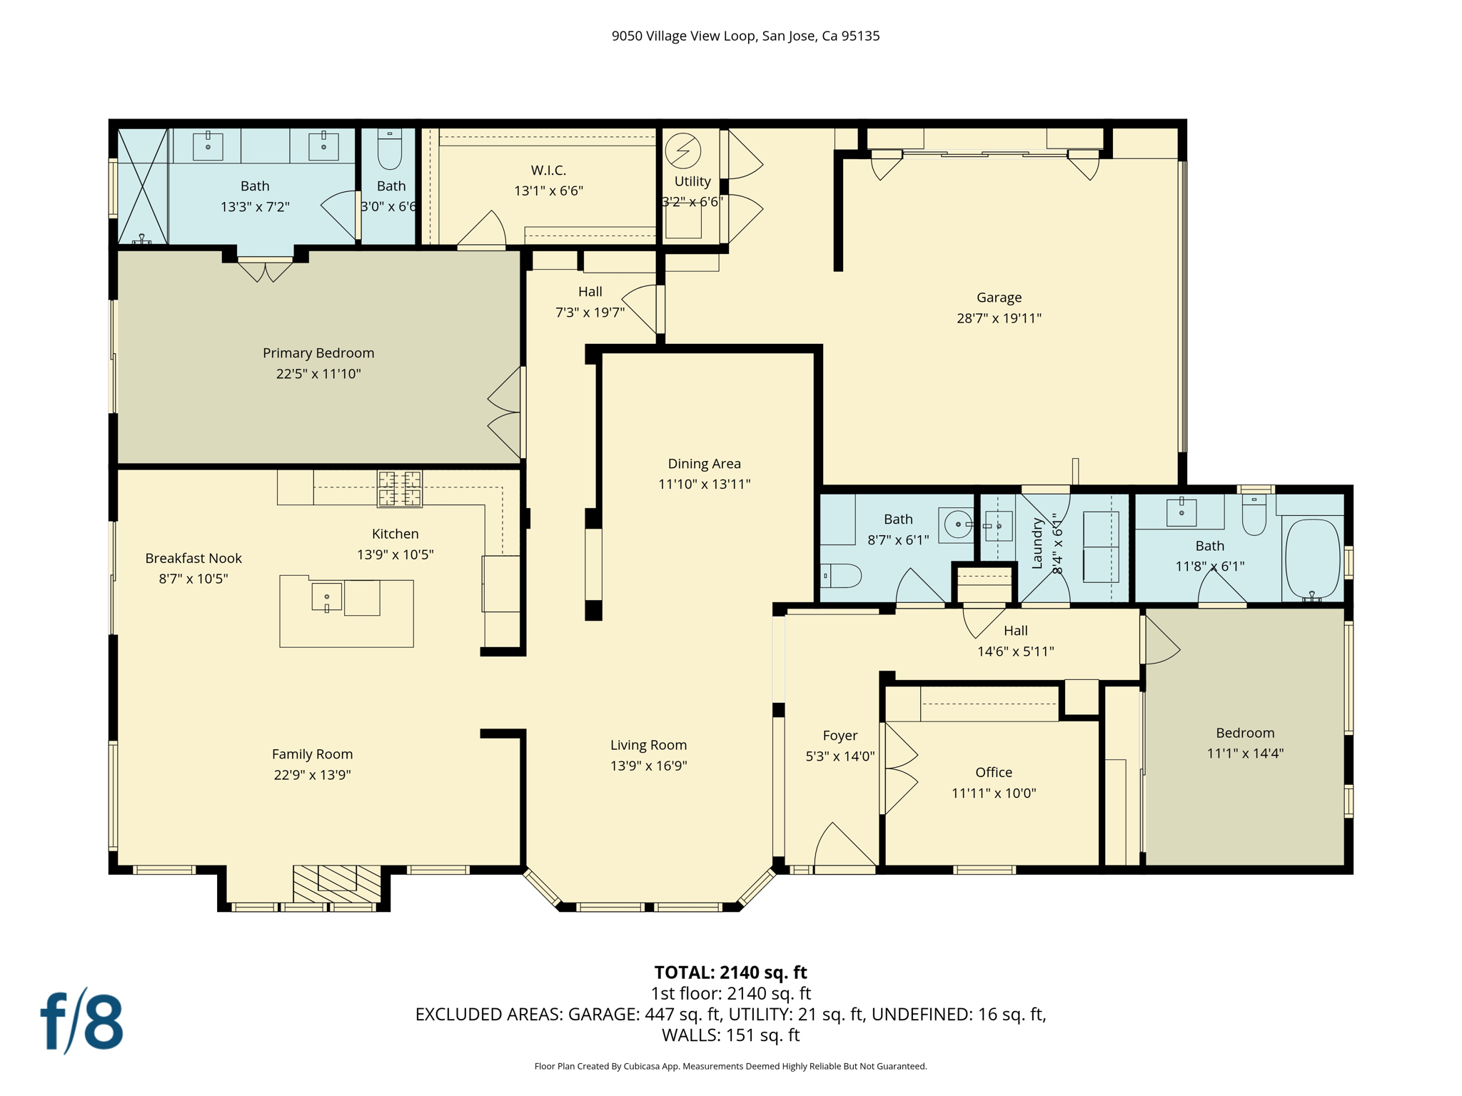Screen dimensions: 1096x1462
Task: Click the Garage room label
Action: click(x=998, y=298)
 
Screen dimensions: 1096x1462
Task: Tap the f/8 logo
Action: click(x=81, y=1021)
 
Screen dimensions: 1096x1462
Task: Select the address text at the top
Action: click(x=745, y=36)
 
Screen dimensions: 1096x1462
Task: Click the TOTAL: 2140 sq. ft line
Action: click(x=730, y=972)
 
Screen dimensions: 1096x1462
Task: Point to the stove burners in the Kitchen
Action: click(x=400, y=489)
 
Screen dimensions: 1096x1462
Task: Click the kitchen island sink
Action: click(x=327, y=597)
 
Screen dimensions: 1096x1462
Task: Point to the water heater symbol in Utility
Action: click(x=682, y=151)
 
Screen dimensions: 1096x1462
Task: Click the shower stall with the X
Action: click(x=142, y=186)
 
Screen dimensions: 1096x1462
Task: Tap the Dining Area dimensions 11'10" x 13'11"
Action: click(x=704, y=484)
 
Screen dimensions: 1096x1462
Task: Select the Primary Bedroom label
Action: click(x=318, y=353)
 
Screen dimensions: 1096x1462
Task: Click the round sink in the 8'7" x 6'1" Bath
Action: click(x=957, y=524)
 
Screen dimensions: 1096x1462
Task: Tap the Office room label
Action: click(x=993, y=772)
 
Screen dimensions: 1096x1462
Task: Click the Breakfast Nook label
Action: click(x=193, y=558)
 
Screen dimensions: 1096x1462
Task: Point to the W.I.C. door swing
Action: click(x=484, y=230)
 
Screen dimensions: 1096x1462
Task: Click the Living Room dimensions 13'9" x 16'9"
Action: click(x=648, y=766)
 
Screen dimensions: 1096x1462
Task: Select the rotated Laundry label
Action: click(x=1037, y=544)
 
